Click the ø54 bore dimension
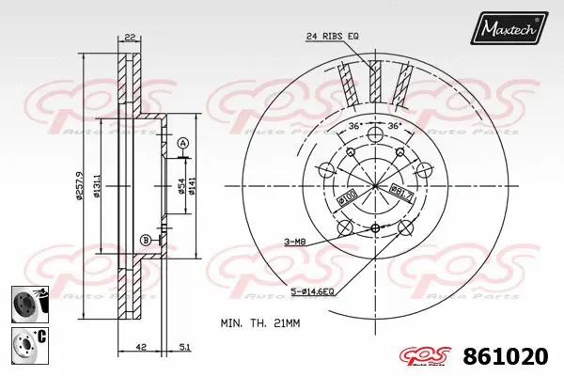182,189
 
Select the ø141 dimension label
194,189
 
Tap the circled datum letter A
182,143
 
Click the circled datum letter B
146,240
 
